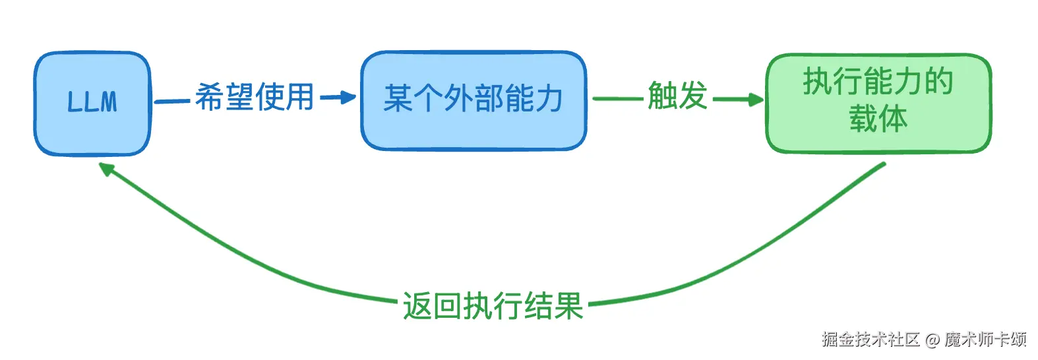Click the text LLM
pos(92,102)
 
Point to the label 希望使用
pos(255,98)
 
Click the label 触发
pos(677,96)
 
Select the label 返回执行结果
pos(493,307)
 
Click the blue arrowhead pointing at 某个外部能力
pos(348,98)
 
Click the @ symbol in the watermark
pos(932,340)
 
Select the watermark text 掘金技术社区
pos(870,340)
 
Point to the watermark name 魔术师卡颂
pos(985,340)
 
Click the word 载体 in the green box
pos(878,119)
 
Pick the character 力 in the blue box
pos(549,99)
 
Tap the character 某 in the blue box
pos(398,99)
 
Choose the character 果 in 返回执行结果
pos(568,307)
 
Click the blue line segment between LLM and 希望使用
pos(173,101)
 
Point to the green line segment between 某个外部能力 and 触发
pos(617,99)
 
